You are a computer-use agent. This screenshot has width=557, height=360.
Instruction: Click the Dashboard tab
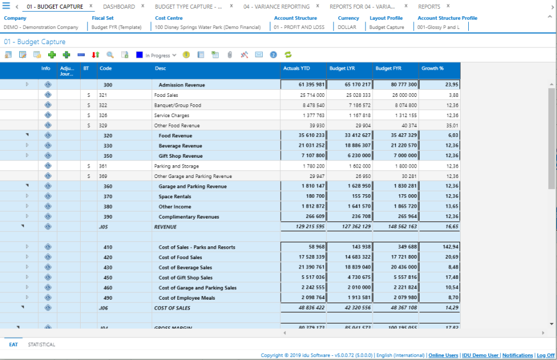[119, 6]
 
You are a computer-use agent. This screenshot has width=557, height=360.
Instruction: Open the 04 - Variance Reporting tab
[276, 6]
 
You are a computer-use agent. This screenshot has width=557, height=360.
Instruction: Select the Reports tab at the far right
[429, 6]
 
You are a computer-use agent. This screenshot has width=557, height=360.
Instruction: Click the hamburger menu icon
[6, 6]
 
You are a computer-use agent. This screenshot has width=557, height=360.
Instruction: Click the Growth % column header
[432, 68]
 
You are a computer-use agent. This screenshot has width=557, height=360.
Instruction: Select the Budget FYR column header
[388, 68]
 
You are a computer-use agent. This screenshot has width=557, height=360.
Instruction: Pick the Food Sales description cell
[166, 95]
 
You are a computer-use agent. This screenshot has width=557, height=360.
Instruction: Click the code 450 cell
[108, 278]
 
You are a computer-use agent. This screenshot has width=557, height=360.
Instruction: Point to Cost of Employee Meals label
[186, 298]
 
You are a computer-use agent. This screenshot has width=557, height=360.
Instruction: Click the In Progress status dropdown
[161, 56]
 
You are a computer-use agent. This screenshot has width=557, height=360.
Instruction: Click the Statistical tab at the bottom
[42, 344]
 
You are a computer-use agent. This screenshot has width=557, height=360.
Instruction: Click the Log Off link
[545, 355]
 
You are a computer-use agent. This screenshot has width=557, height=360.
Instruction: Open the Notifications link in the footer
[518, 355]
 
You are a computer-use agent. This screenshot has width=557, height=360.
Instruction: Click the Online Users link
[443, 355]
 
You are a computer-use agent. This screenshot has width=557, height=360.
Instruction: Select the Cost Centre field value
[207, 27]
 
